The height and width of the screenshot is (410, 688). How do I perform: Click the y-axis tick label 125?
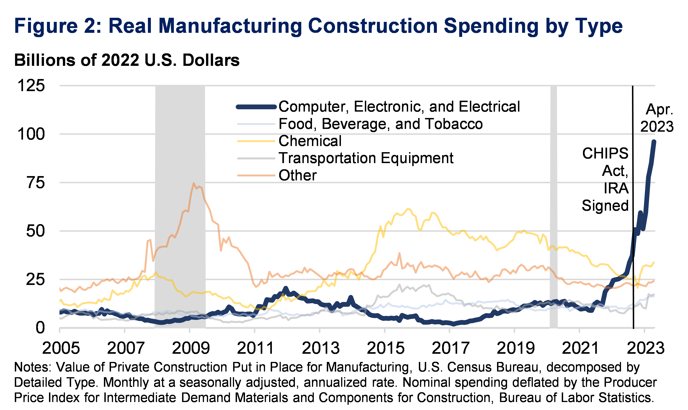(x=31, y=86)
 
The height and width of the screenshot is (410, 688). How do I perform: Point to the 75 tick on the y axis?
(x=35, y=183)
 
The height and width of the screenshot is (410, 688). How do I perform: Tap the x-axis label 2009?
(x=191, y=348)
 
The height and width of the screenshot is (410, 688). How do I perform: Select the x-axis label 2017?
(x=450, y=348)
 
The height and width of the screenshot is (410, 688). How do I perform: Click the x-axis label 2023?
(x=645, y=348)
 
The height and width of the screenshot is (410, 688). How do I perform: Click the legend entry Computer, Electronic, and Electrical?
(x=399, y=107)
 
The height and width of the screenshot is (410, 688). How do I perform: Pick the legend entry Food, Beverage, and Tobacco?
(x=380, y=124)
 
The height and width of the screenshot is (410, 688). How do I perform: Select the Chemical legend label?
(x=310, y=141)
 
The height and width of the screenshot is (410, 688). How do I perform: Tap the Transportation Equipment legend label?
(x=366, y=158)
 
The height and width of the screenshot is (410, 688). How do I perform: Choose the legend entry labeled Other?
(x=297, y=175)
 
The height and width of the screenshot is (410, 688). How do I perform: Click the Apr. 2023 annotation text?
(x=657, y=118)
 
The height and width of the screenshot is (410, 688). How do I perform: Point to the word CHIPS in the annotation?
(x=605, y=153)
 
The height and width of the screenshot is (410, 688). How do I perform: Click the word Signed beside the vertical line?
(x=605, y=205)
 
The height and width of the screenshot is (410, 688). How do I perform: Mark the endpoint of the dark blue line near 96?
(x=654, y=142)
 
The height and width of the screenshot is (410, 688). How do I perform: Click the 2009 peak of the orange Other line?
(x=193, y=183)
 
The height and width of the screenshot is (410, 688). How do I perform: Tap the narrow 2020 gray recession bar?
(x=553, y=207)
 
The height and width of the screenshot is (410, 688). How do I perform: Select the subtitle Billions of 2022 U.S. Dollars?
(x=127, y=60)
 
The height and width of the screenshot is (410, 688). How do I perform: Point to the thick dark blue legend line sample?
(x=256, y=107)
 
